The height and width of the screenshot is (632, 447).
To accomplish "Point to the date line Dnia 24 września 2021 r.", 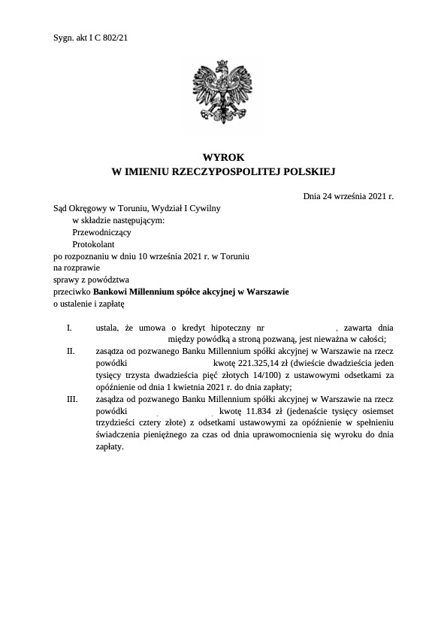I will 349,195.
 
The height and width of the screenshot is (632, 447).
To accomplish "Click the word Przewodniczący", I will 101,232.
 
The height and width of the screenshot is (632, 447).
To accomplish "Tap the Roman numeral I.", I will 69,328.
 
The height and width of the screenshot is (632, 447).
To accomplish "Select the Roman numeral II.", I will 71,350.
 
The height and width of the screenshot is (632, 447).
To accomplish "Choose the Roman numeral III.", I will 72,400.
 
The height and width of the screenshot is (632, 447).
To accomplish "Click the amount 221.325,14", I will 270,363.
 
